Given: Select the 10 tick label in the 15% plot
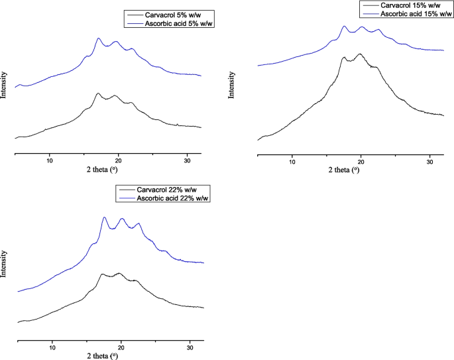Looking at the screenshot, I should click(x=292, y=162).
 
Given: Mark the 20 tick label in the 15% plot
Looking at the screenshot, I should click(x=361, y=162).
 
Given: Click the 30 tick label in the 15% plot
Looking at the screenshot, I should click(x=429, y=162).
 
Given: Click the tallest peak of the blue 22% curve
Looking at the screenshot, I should click(x=104, y=217).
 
